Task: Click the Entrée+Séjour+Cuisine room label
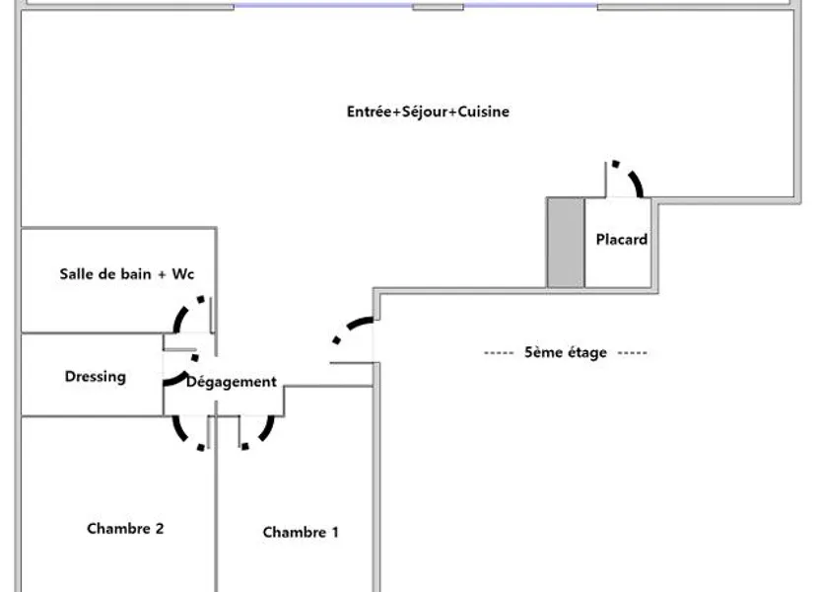click(428, 111)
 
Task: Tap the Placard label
click(622, 239)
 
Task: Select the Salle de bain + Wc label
click(126, 273)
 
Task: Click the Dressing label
click(96, 377)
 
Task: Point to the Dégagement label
click(232, 382)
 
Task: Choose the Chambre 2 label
click(125, 529)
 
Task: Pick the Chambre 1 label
click(301, 533)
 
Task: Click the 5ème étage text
click(566, 352)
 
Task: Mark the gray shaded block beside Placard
click(566, 243)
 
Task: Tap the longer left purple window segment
click(323, 6)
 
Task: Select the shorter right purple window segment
click(530, 6)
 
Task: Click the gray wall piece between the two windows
click(439, 7)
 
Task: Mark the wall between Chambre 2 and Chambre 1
click(216, 503)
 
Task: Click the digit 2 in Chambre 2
click(160, 528)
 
